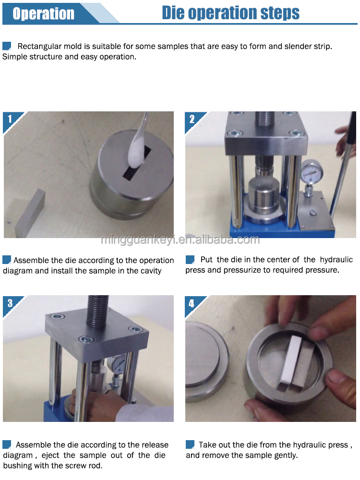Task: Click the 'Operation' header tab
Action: click(44, 13)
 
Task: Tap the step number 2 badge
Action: click(192, 119)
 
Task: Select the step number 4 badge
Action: click(192, 303)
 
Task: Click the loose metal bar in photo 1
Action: click(30, 214)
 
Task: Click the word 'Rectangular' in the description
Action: click(39, 47)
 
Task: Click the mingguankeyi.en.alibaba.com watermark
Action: click(180, 240)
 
